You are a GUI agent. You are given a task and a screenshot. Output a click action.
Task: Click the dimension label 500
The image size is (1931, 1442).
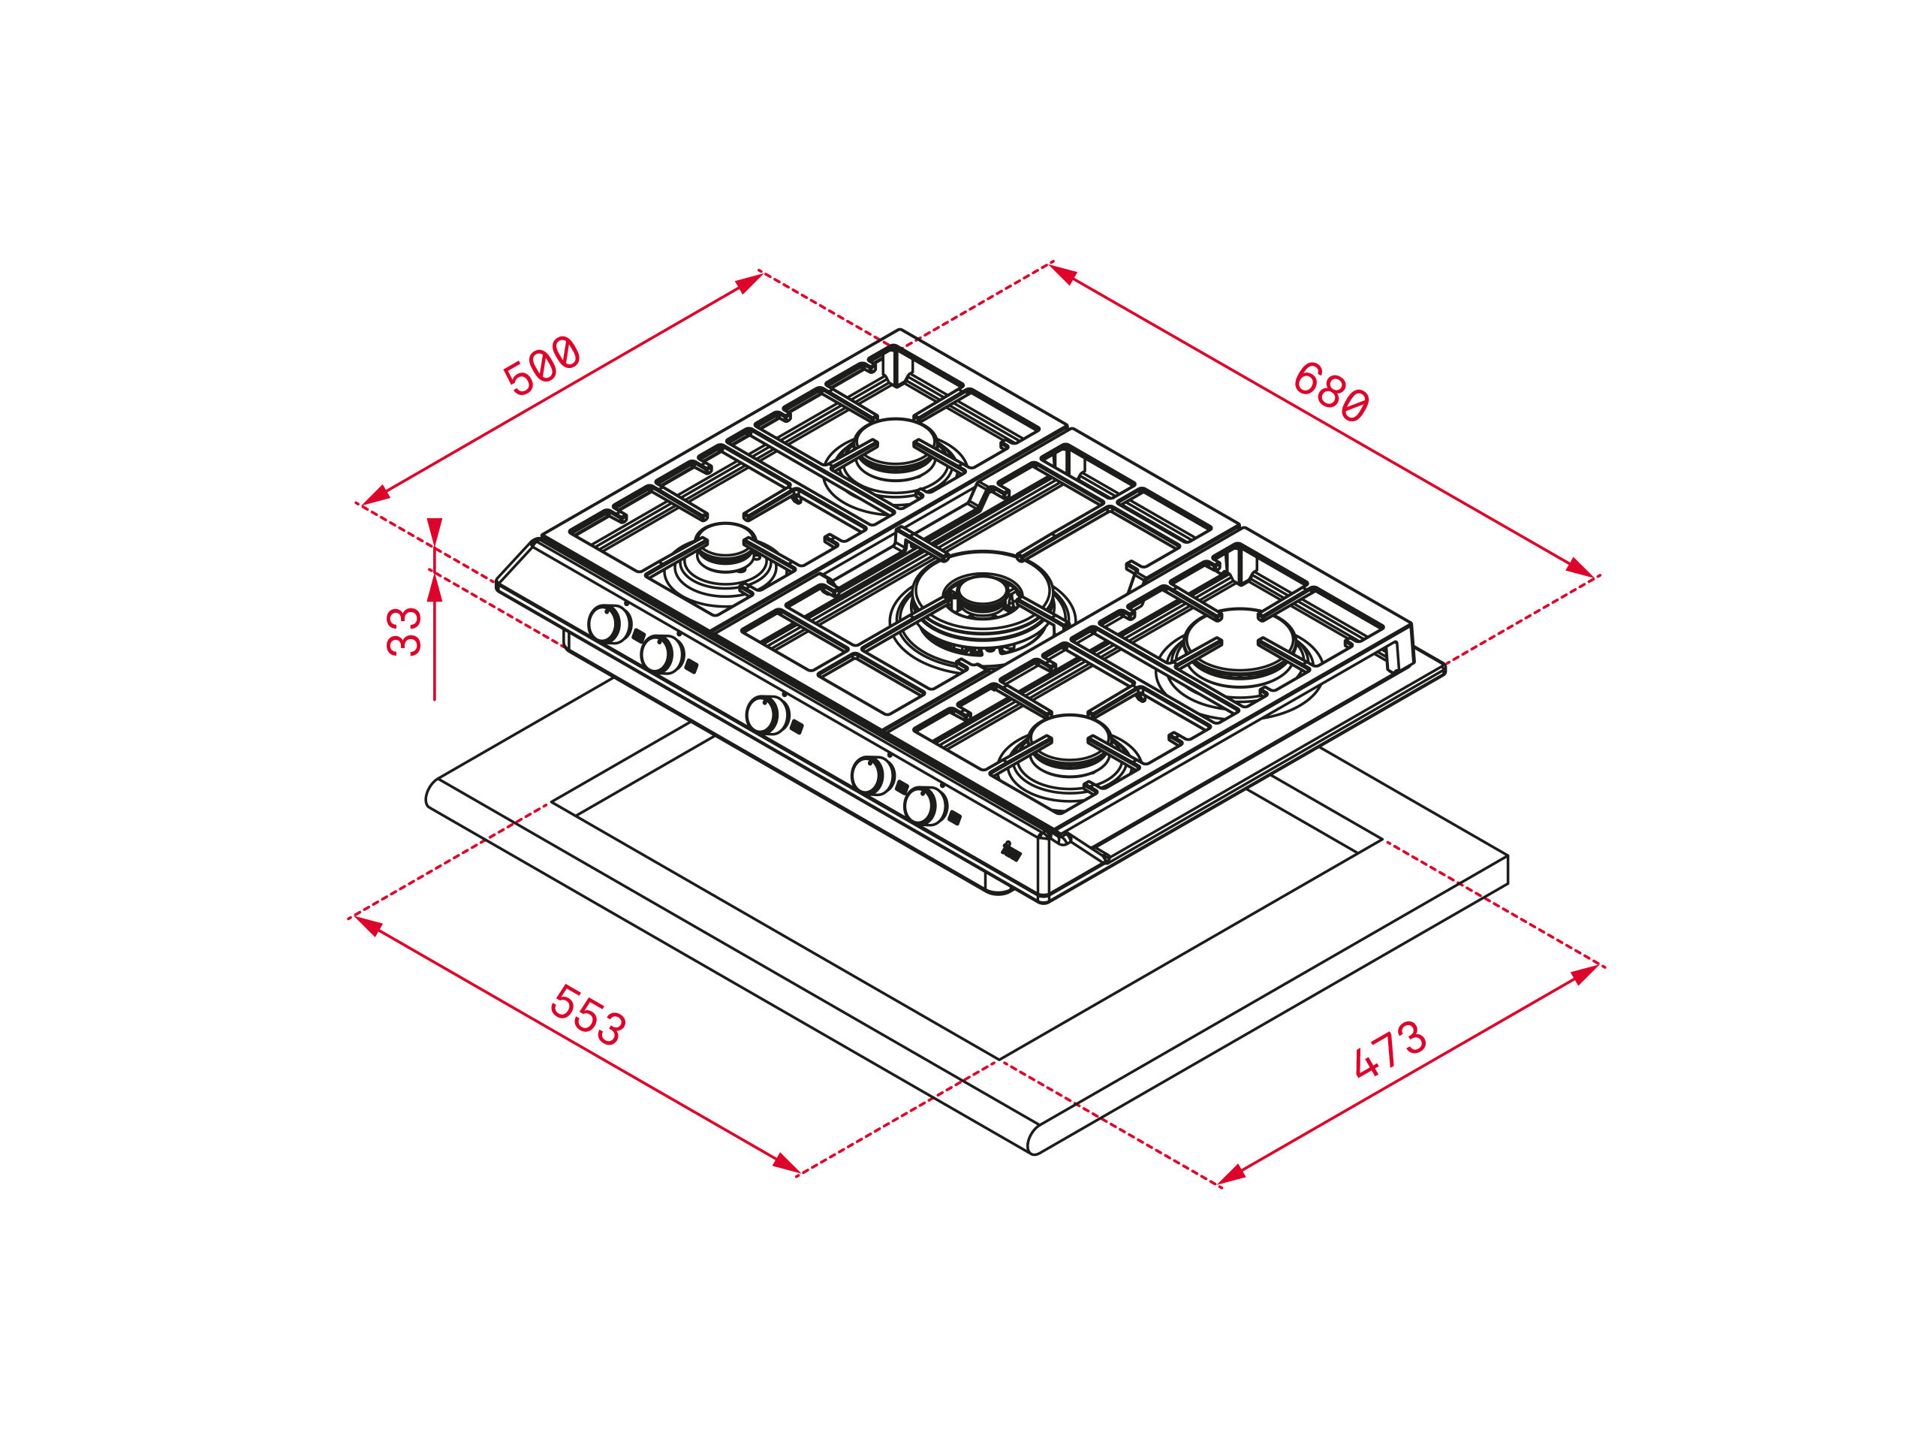point(541,365)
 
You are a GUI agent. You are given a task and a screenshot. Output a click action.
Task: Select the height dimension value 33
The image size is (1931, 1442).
point(404,631)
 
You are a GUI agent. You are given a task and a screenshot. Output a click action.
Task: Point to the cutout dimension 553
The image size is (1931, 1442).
point(588,1015)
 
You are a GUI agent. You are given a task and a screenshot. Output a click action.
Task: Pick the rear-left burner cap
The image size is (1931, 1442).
point(895,441)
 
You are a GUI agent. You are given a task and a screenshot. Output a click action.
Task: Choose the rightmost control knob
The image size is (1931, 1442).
point(925,805)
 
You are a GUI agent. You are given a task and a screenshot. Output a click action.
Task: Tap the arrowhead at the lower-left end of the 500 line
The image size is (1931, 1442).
point(375,496)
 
